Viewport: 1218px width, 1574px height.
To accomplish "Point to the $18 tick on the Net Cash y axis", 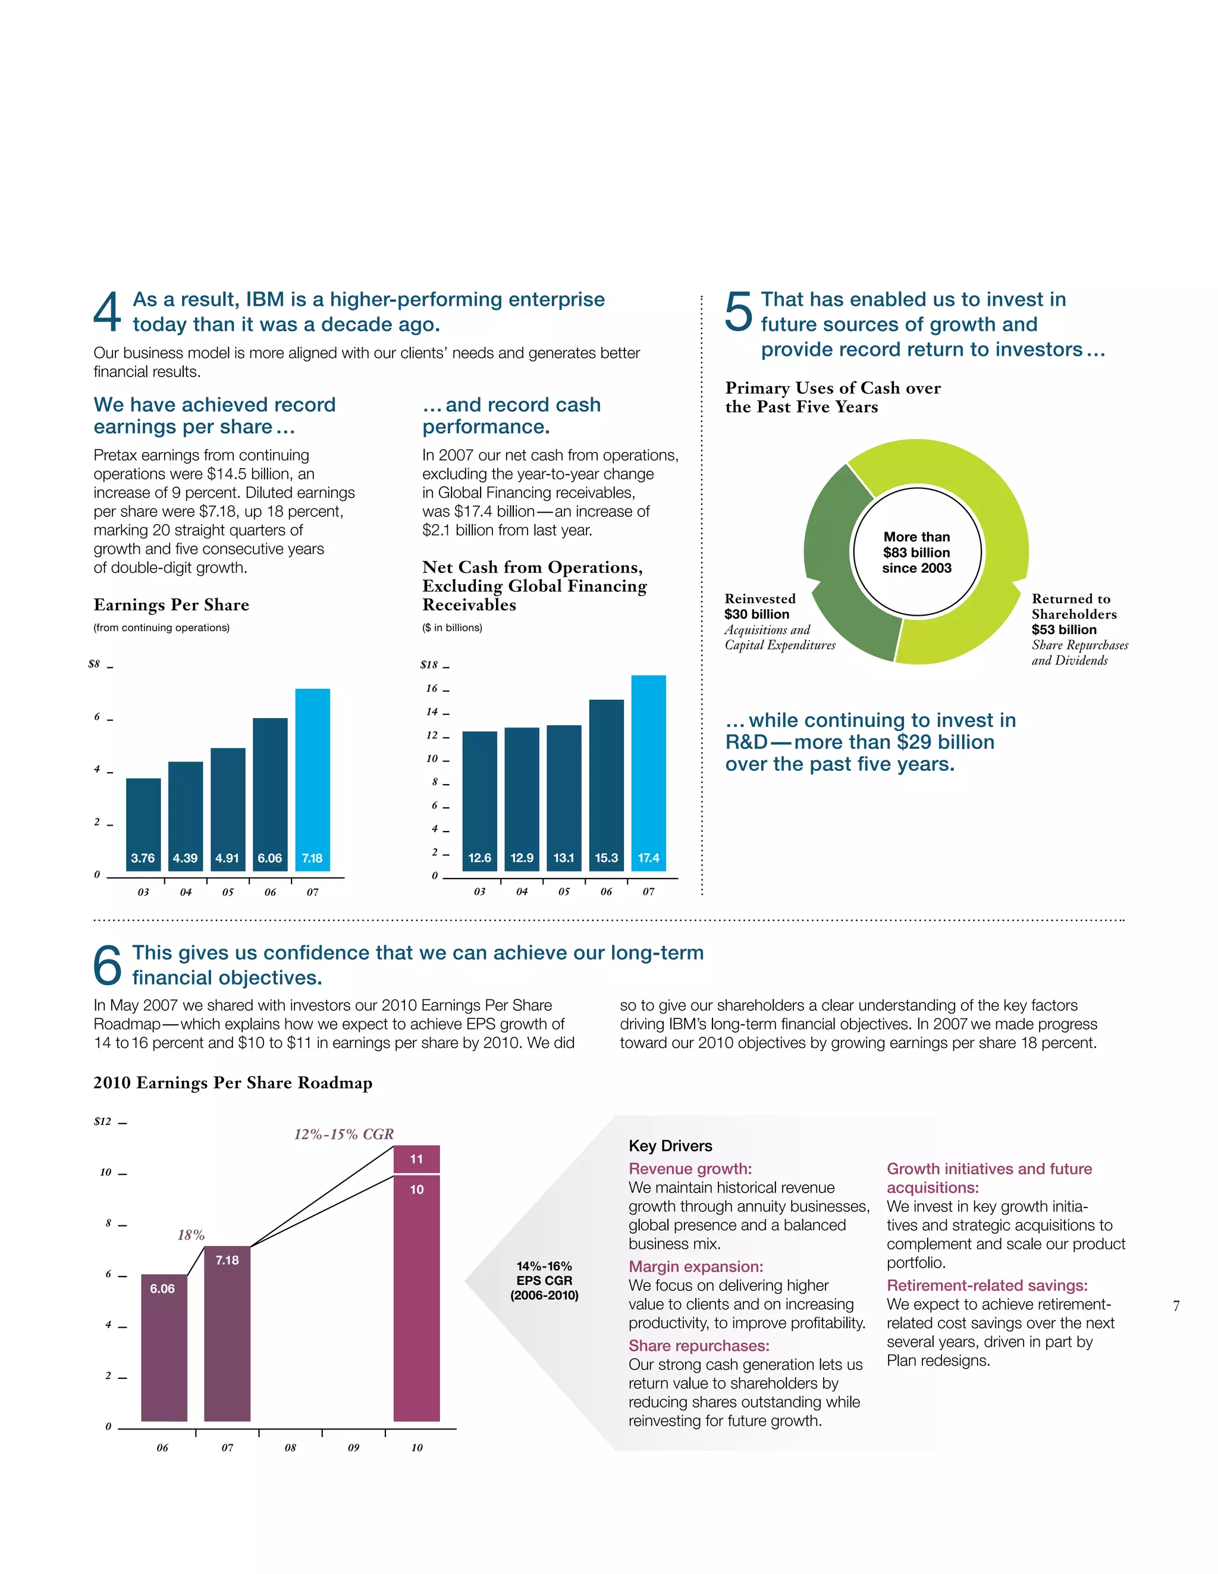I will [x=429, y=664].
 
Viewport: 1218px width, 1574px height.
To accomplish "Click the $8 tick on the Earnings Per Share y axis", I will [x=95, y=664].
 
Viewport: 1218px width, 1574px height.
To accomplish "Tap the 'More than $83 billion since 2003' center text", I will [x=916, y=552].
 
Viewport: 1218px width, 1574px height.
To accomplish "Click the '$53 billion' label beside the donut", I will [x=1064, y=629].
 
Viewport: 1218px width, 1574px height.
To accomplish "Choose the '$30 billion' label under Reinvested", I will [x=756, y=614].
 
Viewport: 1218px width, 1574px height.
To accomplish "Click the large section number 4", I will [x=108, y=312].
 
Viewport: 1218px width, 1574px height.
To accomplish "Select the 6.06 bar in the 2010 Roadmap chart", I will [x=164, y=1348].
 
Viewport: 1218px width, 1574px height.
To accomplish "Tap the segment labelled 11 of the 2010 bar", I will [x=416, y=1159].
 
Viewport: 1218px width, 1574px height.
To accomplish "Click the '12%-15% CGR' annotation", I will [x=344, y=1134].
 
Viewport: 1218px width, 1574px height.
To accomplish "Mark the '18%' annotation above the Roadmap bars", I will [x=191, y=1234].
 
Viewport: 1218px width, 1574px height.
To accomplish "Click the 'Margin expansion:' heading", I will [x=695, y=1266].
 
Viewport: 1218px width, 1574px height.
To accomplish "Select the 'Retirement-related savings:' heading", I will [x=987, y=1285].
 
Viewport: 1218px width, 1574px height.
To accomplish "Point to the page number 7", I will [x=1176, y=1305].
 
